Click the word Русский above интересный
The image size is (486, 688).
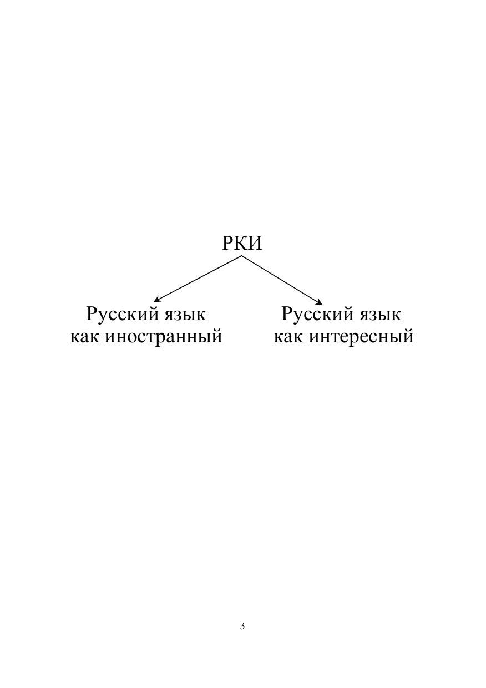click(318, 314)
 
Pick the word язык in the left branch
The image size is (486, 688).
click(184, 316)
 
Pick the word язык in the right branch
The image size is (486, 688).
click(380, 316)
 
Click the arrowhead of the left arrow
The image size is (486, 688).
click(156, 300)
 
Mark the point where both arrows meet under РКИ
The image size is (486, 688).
click(241, 256)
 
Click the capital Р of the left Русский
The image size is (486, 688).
click(92, 313)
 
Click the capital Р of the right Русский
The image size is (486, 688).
click(287, 313)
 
